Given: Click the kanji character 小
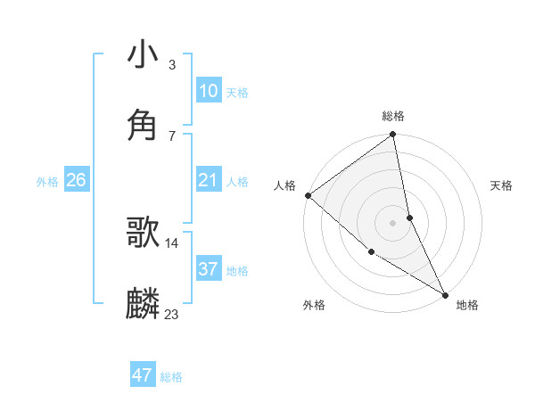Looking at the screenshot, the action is (144, 55).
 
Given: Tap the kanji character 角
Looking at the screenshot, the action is (144, 125).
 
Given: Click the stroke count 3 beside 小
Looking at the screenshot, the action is (171, 64).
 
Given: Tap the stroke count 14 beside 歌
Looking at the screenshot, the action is (172, 242).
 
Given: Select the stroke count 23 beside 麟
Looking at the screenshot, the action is (172, 314).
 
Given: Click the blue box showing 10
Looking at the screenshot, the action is (208, 91).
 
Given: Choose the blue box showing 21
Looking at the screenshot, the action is (208, 181).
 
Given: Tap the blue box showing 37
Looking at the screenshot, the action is (208, 269).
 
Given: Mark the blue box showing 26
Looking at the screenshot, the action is (76, 181).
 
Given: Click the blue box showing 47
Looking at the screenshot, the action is (143, 375).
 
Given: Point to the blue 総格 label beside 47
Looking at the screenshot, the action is (171, 377).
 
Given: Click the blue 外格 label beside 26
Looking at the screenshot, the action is (47, 182).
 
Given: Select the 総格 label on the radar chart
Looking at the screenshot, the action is (393, 116).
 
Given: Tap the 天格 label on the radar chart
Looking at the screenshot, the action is (501, 185).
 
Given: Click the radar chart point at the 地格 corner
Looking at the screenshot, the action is (445, 294).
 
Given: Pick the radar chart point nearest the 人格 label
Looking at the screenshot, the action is (308, 195).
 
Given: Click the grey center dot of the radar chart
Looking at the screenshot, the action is (392, 223).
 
